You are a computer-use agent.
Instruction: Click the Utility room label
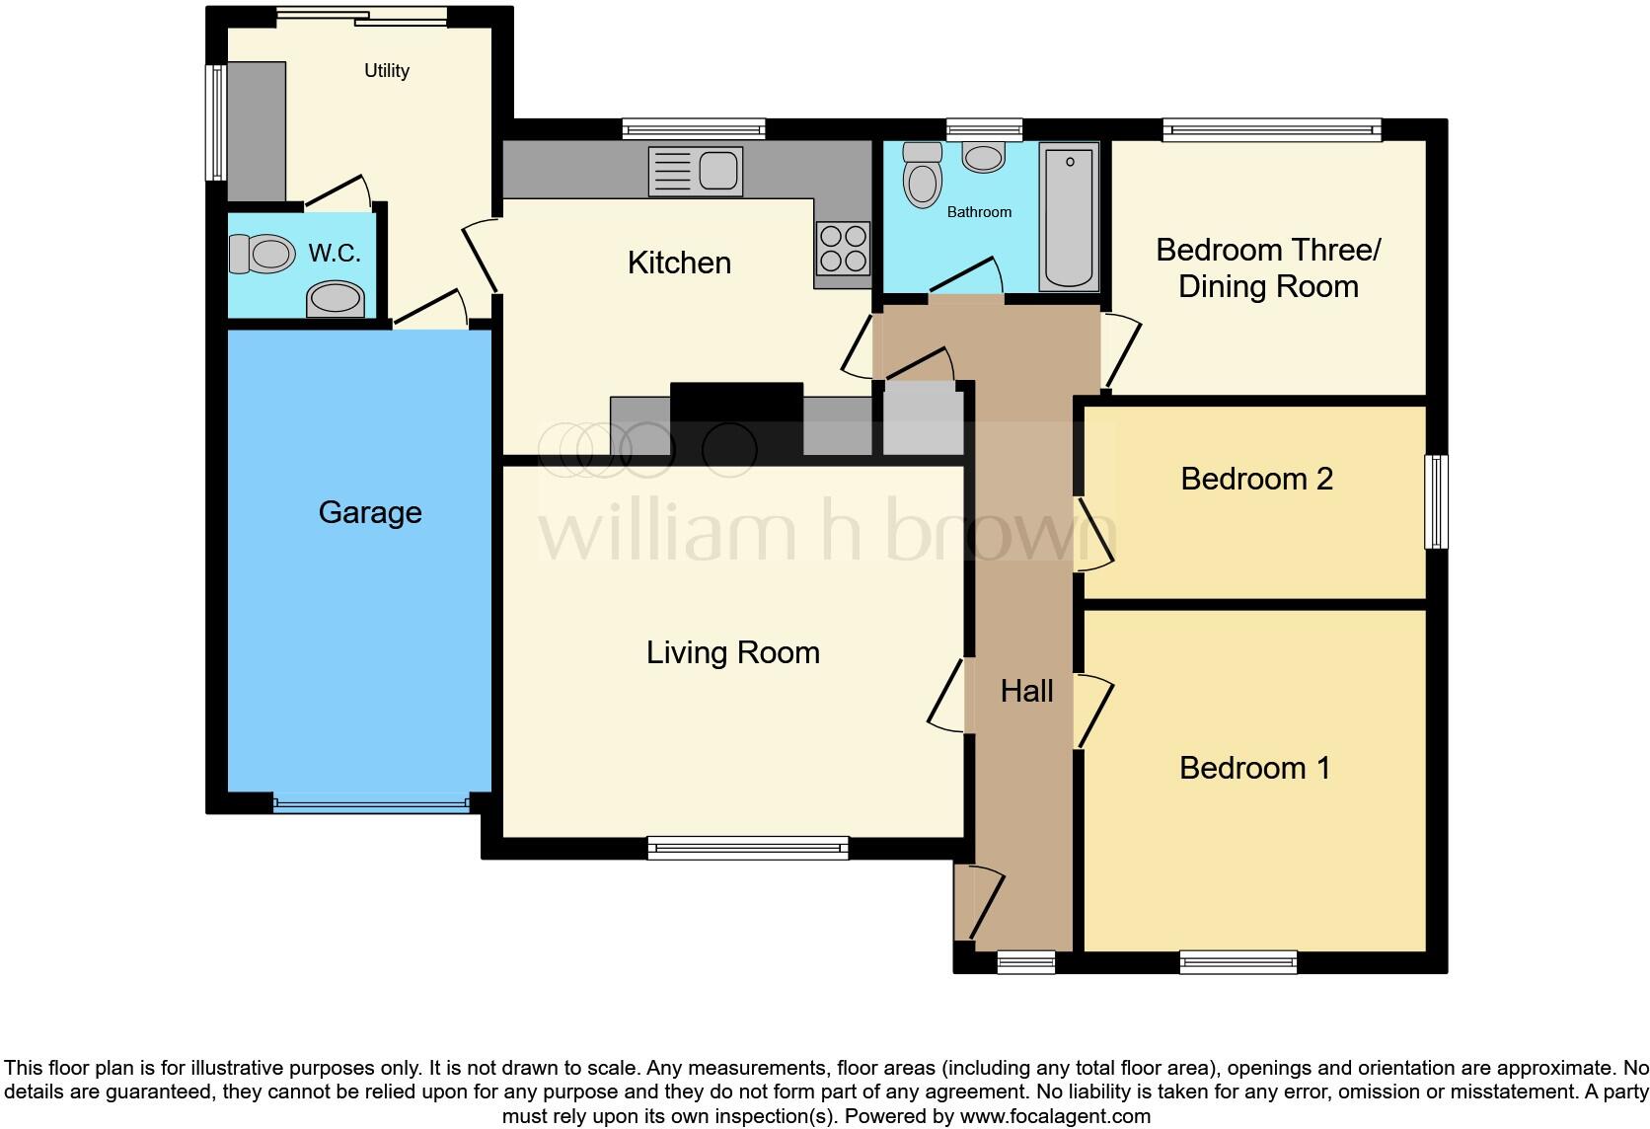click(386, 70)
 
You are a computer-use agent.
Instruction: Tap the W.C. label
click(334, 254)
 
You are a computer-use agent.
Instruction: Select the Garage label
click(370, 512)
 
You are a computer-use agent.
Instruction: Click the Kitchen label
click(679, 263)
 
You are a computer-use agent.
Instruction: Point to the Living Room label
click(732, 652)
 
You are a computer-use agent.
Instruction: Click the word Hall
click(1026, 691)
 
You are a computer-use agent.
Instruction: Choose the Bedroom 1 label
click(1254, 768)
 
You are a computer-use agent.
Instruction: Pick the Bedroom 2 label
click(1256, 479)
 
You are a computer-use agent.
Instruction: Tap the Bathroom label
click(979, 212)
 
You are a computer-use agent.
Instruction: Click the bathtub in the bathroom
click(1069, 217)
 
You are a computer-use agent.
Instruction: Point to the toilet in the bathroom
click(923, 175)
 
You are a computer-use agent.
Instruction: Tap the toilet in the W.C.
click(262, 254)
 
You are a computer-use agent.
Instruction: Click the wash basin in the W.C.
click(336, 298)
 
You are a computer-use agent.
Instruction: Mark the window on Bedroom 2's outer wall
click(1437, 501)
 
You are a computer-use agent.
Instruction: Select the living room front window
click(748, 847)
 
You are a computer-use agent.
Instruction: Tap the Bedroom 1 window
click(1237, 962)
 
